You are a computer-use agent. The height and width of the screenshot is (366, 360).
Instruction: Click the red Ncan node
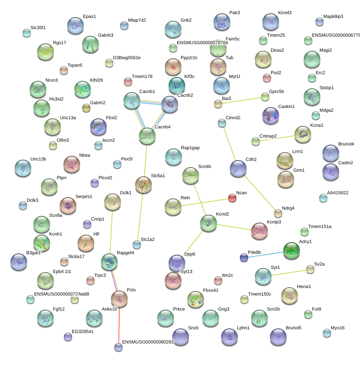pos(233,198)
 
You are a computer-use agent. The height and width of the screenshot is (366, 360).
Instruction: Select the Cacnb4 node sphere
pos(147,136)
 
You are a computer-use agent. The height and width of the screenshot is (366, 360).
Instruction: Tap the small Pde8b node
pos(244,258)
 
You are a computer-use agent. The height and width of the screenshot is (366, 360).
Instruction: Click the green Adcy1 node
pos(291,250)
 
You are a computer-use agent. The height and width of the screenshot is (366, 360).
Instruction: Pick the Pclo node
pos(119,298)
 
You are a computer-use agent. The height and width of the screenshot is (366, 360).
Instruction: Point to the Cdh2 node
pos(238,168)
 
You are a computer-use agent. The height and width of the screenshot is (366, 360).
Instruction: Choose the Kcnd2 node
pos(208,223)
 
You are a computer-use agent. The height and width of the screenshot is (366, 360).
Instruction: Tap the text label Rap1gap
pos(190,148)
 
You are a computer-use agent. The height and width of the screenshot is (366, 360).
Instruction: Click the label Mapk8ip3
pos(333,16)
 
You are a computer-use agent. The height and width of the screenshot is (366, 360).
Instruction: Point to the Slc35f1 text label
pos(38,28)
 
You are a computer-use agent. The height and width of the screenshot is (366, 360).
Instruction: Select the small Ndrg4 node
pos(278,213)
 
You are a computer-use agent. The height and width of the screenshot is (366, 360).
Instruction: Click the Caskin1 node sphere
pos(270,115)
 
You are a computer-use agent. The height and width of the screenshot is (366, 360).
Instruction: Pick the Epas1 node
pos(75,25)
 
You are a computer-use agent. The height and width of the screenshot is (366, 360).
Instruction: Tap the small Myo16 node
pos(327,333)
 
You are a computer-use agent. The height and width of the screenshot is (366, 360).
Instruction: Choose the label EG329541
pos(83,332)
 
